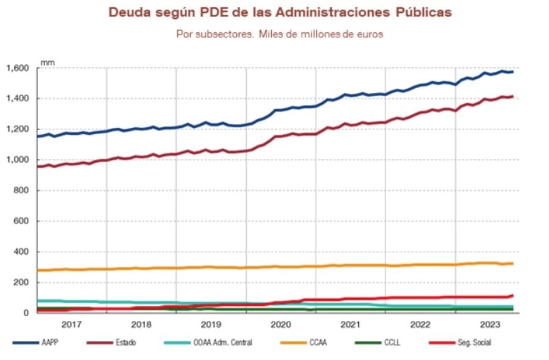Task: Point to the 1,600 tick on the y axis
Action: click(x=18, y=68)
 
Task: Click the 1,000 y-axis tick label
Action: click(x=18, y=160)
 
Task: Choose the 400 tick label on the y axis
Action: click(x=22, y=252)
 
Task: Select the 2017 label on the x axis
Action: click(x=72, y=324)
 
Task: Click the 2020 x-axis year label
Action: click(x=281, y=324)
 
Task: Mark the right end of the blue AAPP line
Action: click(x=512, y=72)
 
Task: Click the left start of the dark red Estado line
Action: click(x=38, y=166)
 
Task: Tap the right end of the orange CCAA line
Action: click(x=512, y=263)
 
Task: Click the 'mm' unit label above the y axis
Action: click(x=47, y=62)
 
